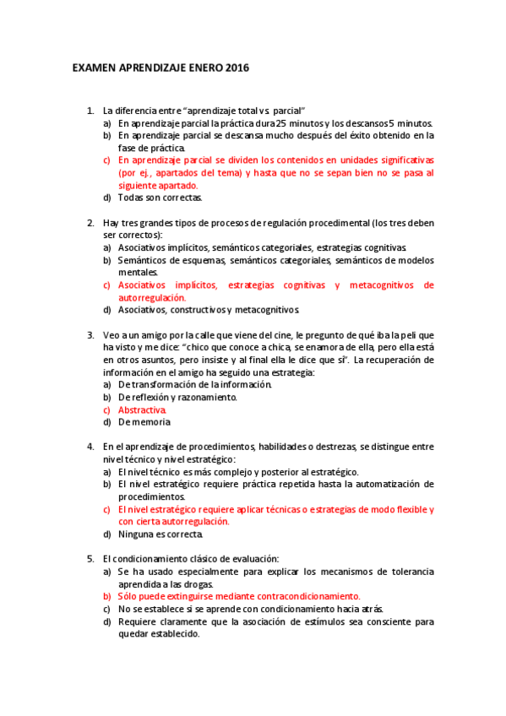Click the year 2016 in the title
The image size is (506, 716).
pos(237,68)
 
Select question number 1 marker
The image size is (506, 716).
pos(90,111)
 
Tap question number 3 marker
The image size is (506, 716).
pos(90,335)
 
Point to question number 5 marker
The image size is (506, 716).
pos(90,559)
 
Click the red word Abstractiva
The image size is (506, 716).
pos(142,410)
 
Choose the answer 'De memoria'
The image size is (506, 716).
pos(144,422)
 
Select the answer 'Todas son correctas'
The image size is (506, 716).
pos(161,198)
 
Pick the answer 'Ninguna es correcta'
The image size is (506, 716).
pos(161,534)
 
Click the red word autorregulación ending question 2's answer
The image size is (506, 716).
pos(152,297)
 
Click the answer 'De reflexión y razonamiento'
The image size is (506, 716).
pos(177,397)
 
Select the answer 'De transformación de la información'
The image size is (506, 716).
pos(195,384)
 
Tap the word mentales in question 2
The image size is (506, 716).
pos(138,272)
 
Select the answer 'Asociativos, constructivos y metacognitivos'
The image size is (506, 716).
pos(209,310)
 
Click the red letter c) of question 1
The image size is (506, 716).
pos(107,160)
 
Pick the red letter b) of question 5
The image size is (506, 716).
pos(107,595)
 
